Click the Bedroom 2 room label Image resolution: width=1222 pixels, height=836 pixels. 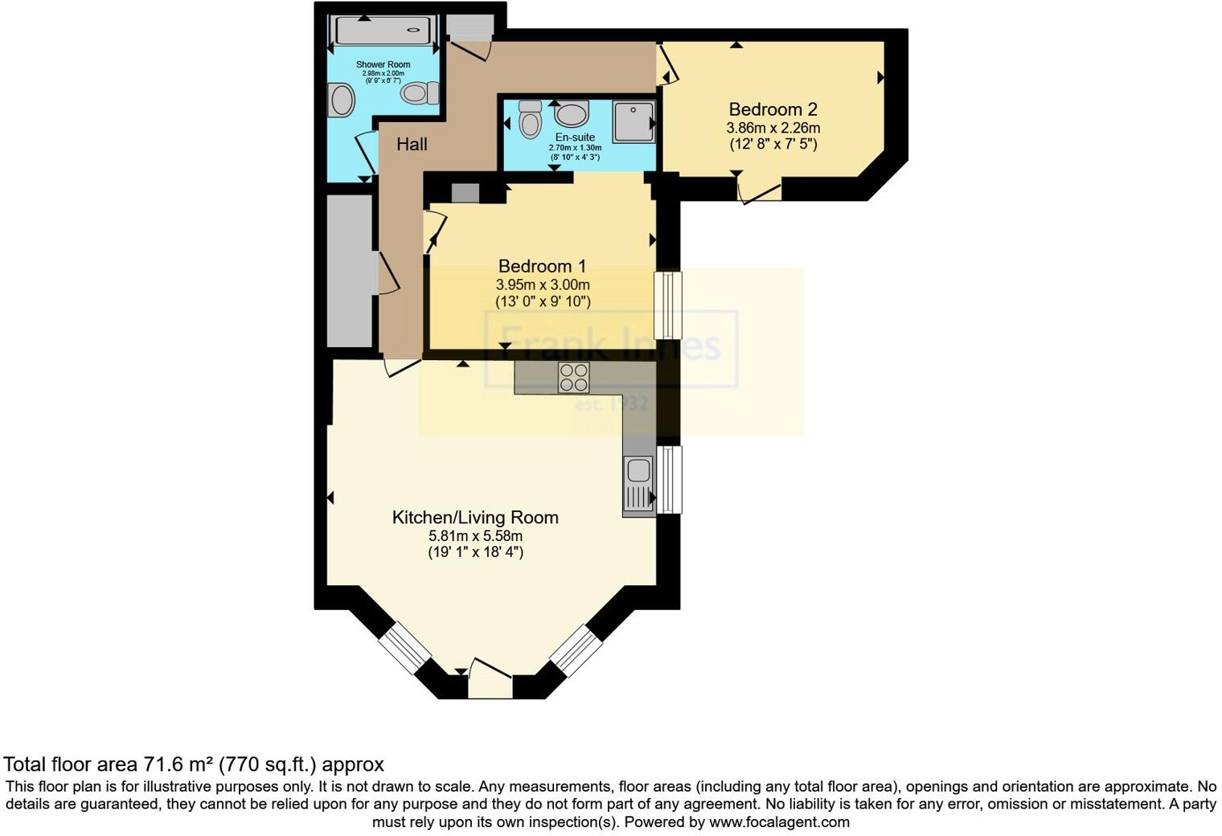pyautogui.click(x=773, y=109)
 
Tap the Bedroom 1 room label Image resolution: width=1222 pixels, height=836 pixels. pyautogui.click(x=542, y=266)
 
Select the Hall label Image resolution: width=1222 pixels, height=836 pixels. pyautogui.click(x=412, y=145)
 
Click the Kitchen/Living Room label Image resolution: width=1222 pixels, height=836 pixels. pyautogui.click(x=474, y=518)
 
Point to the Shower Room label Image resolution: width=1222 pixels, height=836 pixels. pyautogui.click(x=383, y=64)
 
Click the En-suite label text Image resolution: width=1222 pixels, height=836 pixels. pyautogui.click(x=575, y=137)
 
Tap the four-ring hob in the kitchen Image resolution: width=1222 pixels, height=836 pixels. pyautogui.click(x=573, y=377)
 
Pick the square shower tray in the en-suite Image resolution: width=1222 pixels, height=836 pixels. pyautogui.click(x=634, y=121)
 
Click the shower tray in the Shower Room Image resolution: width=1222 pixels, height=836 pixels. pyautogui.click(x=383, y=31)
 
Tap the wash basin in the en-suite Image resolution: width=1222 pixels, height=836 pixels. pyautogui.click(x=572, y=114)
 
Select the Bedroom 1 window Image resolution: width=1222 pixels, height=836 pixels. pyautogui.click(x=667, y=305)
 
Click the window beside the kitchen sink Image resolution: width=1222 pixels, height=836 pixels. pyautogui.click(x=669, y=479)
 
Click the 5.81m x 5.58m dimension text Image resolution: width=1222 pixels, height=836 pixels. pyautogui.click(x=475, y=536)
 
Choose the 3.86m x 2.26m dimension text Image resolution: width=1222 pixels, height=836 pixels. pyautogui.click(x=773, y=128)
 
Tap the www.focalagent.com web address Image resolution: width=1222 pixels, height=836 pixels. pyautogui.click(x=779, y=822)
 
